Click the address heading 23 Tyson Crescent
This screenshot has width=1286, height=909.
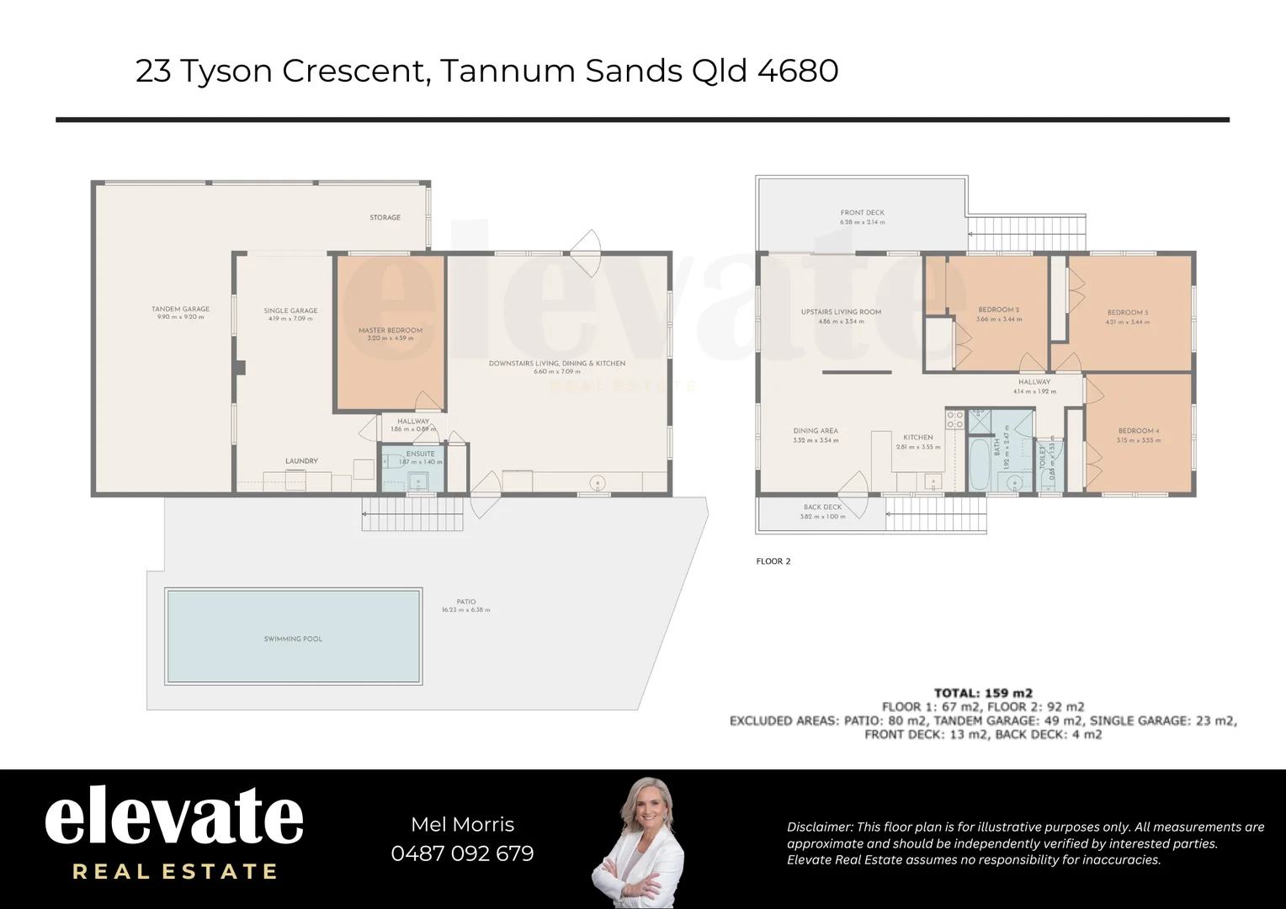click(x=486, y=71)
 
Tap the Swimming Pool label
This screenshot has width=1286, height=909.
click(x=293, y=639)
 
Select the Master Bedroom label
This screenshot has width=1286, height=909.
click(x=391, y=331)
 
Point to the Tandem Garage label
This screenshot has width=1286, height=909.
click(x=180, y=309)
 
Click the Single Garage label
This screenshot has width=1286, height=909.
click(x=290, y=311)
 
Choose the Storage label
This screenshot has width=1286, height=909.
click(x=385, y=217)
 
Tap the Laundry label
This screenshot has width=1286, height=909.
click(x=301, y=461)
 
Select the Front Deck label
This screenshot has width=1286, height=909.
click(x=862, y=213)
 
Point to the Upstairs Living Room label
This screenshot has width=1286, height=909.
click(x=841, y=312)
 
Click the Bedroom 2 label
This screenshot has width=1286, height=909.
click(x=999, y=310)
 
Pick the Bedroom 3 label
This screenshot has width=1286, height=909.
click(x=1127, y=312)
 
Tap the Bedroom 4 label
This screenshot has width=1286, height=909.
click(x=1138, y=431)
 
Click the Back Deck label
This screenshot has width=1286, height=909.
click(x=822, y=508)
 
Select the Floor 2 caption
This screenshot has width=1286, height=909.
click(x=773, y=561)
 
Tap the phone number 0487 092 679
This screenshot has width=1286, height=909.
click(x=462, y=853)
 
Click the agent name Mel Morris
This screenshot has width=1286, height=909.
click(x=462, y=825)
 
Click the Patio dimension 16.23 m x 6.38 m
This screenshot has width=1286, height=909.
click(x=465, y=610)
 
